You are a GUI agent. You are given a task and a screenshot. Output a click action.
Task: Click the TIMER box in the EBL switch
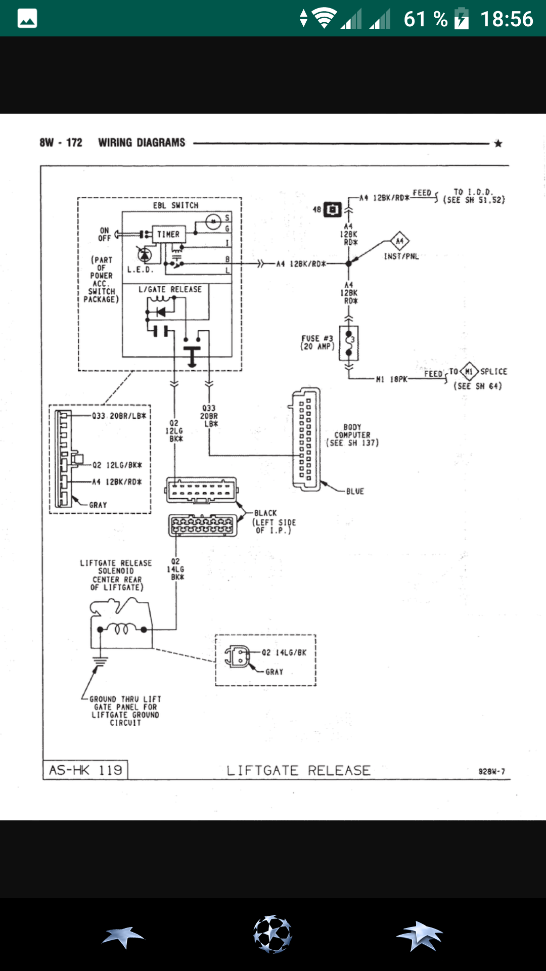coord(168,234)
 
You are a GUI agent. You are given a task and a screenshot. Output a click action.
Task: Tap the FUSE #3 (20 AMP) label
coord(317,342)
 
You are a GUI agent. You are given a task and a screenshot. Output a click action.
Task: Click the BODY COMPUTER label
coord(352,434)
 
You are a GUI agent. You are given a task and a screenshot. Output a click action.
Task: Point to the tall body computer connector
coord(305,439)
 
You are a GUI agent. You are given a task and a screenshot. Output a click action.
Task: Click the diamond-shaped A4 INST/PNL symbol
coord(399,241)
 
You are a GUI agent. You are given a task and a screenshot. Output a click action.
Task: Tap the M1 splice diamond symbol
coord(469,372)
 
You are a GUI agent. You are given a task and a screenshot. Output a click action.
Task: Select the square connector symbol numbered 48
coord(332,209)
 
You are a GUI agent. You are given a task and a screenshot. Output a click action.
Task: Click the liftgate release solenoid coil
coord(122,629)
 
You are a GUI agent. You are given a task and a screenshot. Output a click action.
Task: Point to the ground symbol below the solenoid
coord(100,660)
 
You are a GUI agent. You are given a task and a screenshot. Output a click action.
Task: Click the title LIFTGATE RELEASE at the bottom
coord(298,770)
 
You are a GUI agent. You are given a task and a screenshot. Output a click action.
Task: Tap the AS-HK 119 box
coord(85,770)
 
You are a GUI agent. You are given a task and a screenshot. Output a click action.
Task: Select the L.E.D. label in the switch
coord(140,270)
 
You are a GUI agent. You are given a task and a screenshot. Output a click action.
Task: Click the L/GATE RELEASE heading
coord(170,289)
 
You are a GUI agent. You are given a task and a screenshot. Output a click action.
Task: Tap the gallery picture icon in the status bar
coord(27,19)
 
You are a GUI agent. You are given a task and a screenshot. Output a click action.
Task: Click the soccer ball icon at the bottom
coord(272,934)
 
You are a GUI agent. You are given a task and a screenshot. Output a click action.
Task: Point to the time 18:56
coord(506,19)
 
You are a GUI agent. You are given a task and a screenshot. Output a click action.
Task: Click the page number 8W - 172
coord(61,143)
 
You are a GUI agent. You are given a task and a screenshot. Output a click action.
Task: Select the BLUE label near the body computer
coord(355,491)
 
